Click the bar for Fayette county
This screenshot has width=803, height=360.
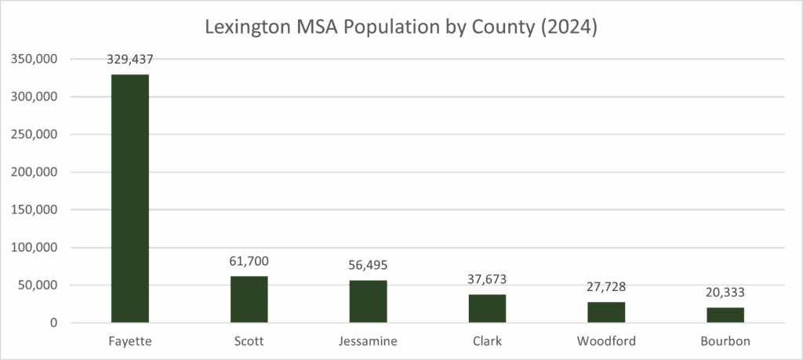click(129, 198)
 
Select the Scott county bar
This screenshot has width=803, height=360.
click(249, 299)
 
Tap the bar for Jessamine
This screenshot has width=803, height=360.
click(368, 301)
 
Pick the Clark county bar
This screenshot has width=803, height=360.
click(487, 308)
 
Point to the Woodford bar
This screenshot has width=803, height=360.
click(606, 312)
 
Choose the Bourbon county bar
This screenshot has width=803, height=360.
click(725, 315)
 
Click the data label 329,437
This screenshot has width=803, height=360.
click(129, 58)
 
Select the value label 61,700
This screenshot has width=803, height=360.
click(249, 261)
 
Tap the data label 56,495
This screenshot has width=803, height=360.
click(368, 265)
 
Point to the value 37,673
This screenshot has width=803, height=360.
click(487, 279)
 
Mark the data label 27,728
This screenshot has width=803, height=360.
click(606, 287)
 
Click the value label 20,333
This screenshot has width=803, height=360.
click(725, 293)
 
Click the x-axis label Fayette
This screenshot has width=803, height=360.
click(129, 341)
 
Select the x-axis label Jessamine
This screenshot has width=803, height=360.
click(368, 341)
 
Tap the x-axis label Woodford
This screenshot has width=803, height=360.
click(606, 341)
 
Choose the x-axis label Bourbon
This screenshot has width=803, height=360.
click(725, 341)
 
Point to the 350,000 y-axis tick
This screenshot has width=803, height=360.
click(34, 59)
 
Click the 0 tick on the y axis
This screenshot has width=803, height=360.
click(53, 322)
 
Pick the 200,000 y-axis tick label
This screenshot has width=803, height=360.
click(34, 172)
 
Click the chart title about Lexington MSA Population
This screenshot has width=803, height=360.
click(401, 27)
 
